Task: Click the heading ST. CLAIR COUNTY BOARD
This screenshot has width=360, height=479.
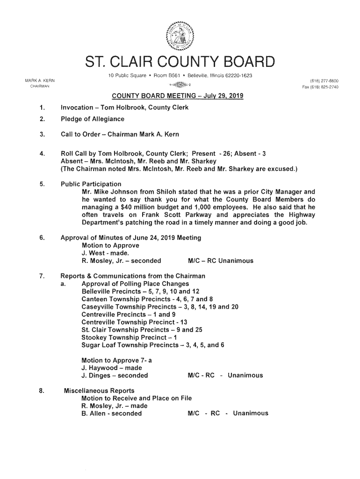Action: click(180, 63)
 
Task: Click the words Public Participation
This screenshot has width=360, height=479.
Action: click(91, 184)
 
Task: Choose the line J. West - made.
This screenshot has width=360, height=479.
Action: click(101, 253)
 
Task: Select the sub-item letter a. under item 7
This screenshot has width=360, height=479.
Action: click(63, 284)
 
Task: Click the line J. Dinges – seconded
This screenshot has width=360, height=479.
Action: click(115, 375)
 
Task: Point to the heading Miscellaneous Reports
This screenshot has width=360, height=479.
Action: click(99, 391)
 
